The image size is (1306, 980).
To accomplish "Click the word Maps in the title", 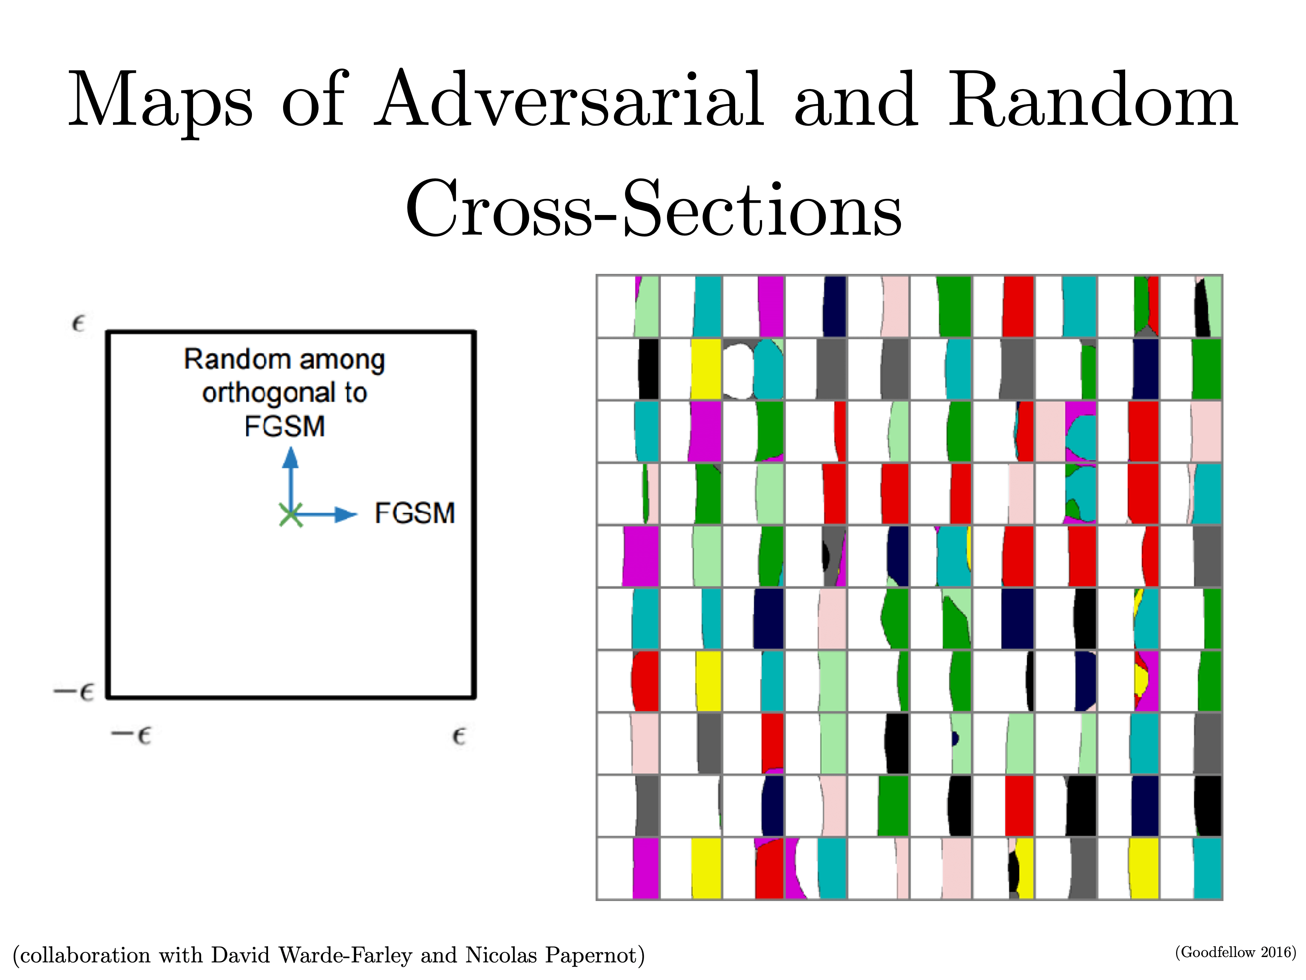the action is pyautogui.click(x=161, y=101).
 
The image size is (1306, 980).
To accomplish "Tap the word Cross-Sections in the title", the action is pyautogui.click(x=654, y=208).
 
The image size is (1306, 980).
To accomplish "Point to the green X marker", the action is pyautogui.click(x=291, y=515).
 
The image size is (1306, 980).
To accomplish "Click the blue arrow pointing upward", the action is pyautogui.click(x=290, y=480).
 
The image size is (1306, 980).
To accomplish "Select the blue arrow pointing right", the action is pyautogui.click(x=324, y=514).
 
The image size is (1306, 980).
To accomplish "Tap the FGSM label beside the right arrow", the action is pyautogui.click(x=415, y=513).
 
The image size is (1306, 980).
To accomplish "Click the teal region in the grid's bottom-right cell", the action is pyautogui.click(x=1207, y=868).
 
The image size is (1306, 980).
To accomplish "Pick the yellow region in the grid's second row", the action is pyautogui.click(x=706, y=369).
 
